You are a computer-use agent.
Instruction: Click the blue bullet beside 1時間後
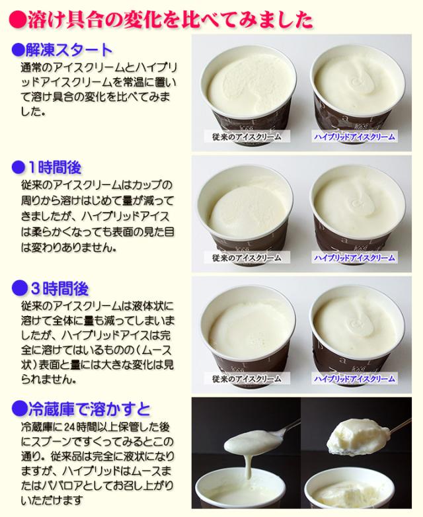coord(18,167)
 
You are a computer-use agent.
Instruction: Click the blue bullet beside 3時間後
coord(19,288)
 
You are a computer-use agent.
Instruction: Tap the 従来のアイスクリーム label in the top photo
coord(247,136)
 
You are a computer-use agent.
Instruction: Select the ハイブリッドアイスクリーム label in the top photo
coord(354,136)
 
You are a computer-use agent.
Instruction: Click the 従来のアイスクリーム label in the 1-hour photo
coord(247,258)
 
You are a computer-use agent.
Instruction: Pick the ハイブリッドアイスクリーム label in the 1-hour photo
coord(354,258)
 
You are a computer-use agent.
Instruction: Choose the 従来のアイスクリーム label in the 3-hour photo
coord(247,379)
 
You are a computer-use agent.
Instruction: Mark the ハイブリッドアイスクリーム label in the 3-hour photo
coord(354,379)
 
